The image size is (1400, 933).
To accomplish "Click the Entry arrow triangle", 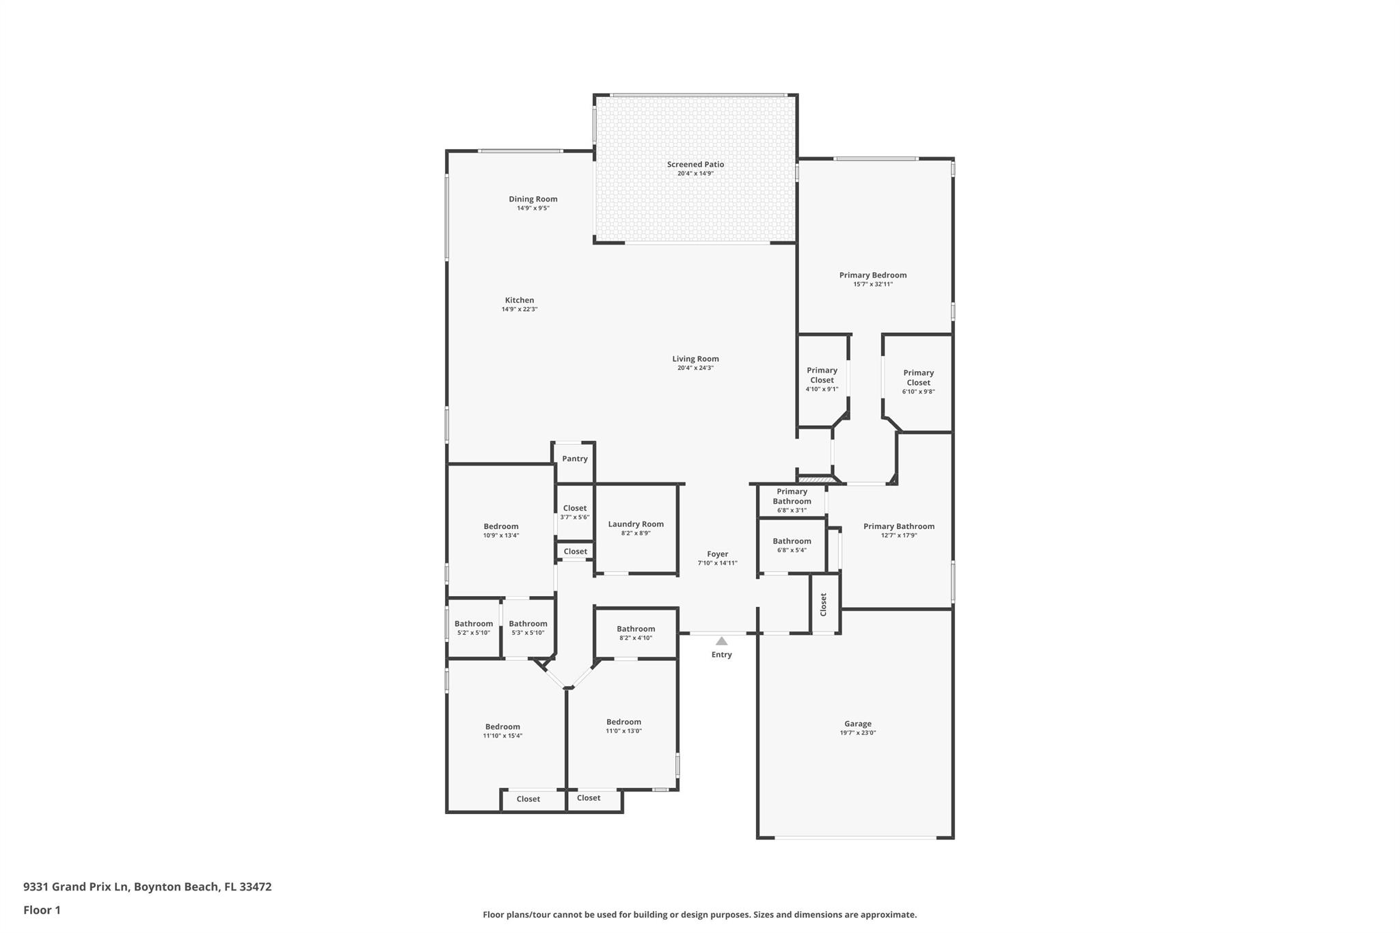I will [x=721, y=641].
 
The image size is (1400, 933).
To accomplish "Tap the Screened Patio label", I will [x=695, y=164].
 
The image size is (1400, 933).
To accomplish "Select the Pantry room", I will [x=574, y=459].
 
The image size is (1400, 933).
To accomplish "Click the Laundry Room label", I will [x=636, y=524].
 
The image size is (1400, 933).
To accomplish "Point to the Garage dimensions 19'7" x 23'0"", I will [x=857, y=733].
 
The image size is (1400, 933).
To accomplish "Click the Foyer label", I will [x=717, y=554].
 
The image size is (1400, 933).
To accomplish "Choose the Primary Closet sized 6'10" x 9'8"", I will [x=918, y=382].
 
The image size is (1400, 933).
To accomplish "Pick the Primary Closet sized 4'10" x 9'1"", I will [x=822, y=379].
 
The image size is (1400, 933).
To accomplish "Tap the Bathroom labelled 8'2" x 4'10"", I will [x=636, y=633].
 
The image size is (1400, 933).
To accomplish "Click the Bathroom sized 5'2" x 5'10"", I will [x=473, y=627].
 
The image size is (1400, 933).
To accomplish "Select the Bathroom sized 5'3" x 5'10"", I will [x=528, y=627].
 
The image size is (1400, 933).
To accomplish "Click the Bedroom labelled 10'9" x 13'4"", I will [x=500, y=530].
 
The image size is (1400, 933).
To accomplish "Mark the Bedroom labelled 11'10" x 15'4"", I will [x=502, y=731].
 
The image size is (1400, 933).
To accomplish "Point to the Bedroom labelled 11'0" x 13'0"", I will [x=623, y=726].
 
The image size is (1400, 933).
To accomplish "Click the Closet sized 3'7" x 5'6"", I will [x=574, y=512].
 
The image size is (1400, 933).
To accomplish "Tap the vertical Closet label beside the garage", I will [x=824, y=604].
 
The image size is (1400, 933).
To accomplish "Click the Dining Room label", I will [x=533, y=199].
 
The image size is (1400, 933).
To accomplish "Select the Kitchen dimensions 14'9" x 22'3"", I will [x=520, y=309].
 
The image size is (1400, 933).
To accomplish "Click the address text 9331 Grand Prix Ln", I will [x=76, y=887].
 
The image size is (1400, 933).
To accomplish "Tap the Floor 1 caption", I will [x=42, y=910].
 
